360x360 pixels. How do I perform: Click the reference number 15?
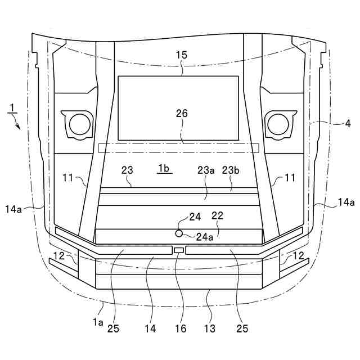click(x=181, y=55)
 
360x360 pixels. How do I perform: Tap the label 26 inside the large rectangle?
click(x=181, y=114)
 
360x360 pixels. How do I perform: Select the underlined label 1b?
click(x=164, y=169)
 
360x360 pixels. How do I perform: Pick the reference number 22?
click(x=217, y=215)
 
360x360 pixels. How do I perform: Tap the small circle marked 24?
click(x=179, y=233)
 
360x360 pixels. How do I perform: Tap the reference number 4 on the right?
click(x=332, y=121)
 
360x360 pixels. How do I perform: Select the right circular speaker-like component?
click(x=277, y=122)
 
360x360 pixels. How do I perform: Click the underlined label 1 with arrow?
click(x=11, y=107)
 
